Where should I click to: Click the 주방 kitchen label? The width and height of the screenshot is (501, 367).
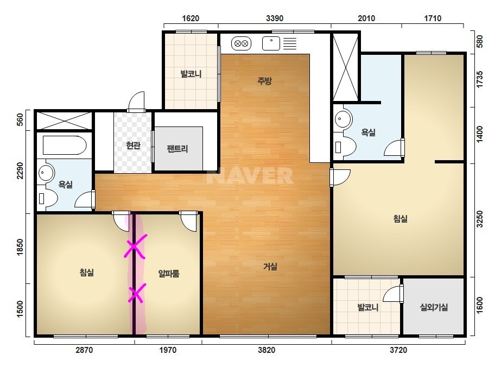click(264, 80)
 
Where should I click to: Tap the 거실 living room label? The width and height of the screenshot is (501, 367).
click(270, 267)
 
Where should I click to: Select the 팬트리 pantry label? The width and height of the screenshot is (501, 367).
click(177, 149)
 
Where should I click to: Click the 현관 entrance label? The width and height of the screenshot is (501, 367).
click(133, 145)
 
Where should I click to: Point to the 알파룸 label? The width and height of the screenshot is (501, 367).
click(169, 273)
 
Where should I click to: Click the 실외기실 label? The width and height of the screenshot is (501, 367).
click(434, 307)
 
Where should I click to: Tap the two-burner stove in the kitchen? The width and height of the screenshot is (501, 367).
click(241, 43)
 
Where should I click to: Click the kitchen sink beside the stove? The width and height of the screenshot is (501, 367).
click(271, 43)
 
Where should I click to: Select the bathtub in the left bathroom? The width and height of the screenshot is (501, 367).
click(65, 145)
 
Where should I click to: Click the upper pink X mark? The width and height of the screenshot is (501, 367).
click(135, 246)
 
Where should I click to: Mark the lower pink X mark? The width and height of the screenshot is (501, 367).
click(137, 293)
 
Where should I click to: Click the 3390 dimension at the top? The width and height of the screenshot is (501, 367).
click(275, 18)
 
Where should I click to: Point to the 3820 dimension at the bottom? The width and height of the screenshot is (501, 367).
click(267, 350)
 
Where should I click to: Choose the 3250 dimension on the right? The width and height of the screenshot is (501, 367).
click(480, 219)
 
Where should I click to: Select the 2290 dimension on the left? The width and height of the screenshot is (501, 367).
click(20, 171)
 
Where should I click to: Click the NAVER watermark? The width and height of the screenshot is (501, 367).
click(250, 176)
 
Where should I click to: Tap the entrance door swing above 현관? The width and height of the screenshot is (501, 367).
click(136, 102)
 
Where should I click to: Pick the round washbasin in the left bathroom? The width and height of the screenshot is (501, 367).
click(47, 173)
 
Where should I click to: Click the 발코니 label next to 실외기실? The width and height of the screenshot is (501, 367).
click(368, 307)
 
